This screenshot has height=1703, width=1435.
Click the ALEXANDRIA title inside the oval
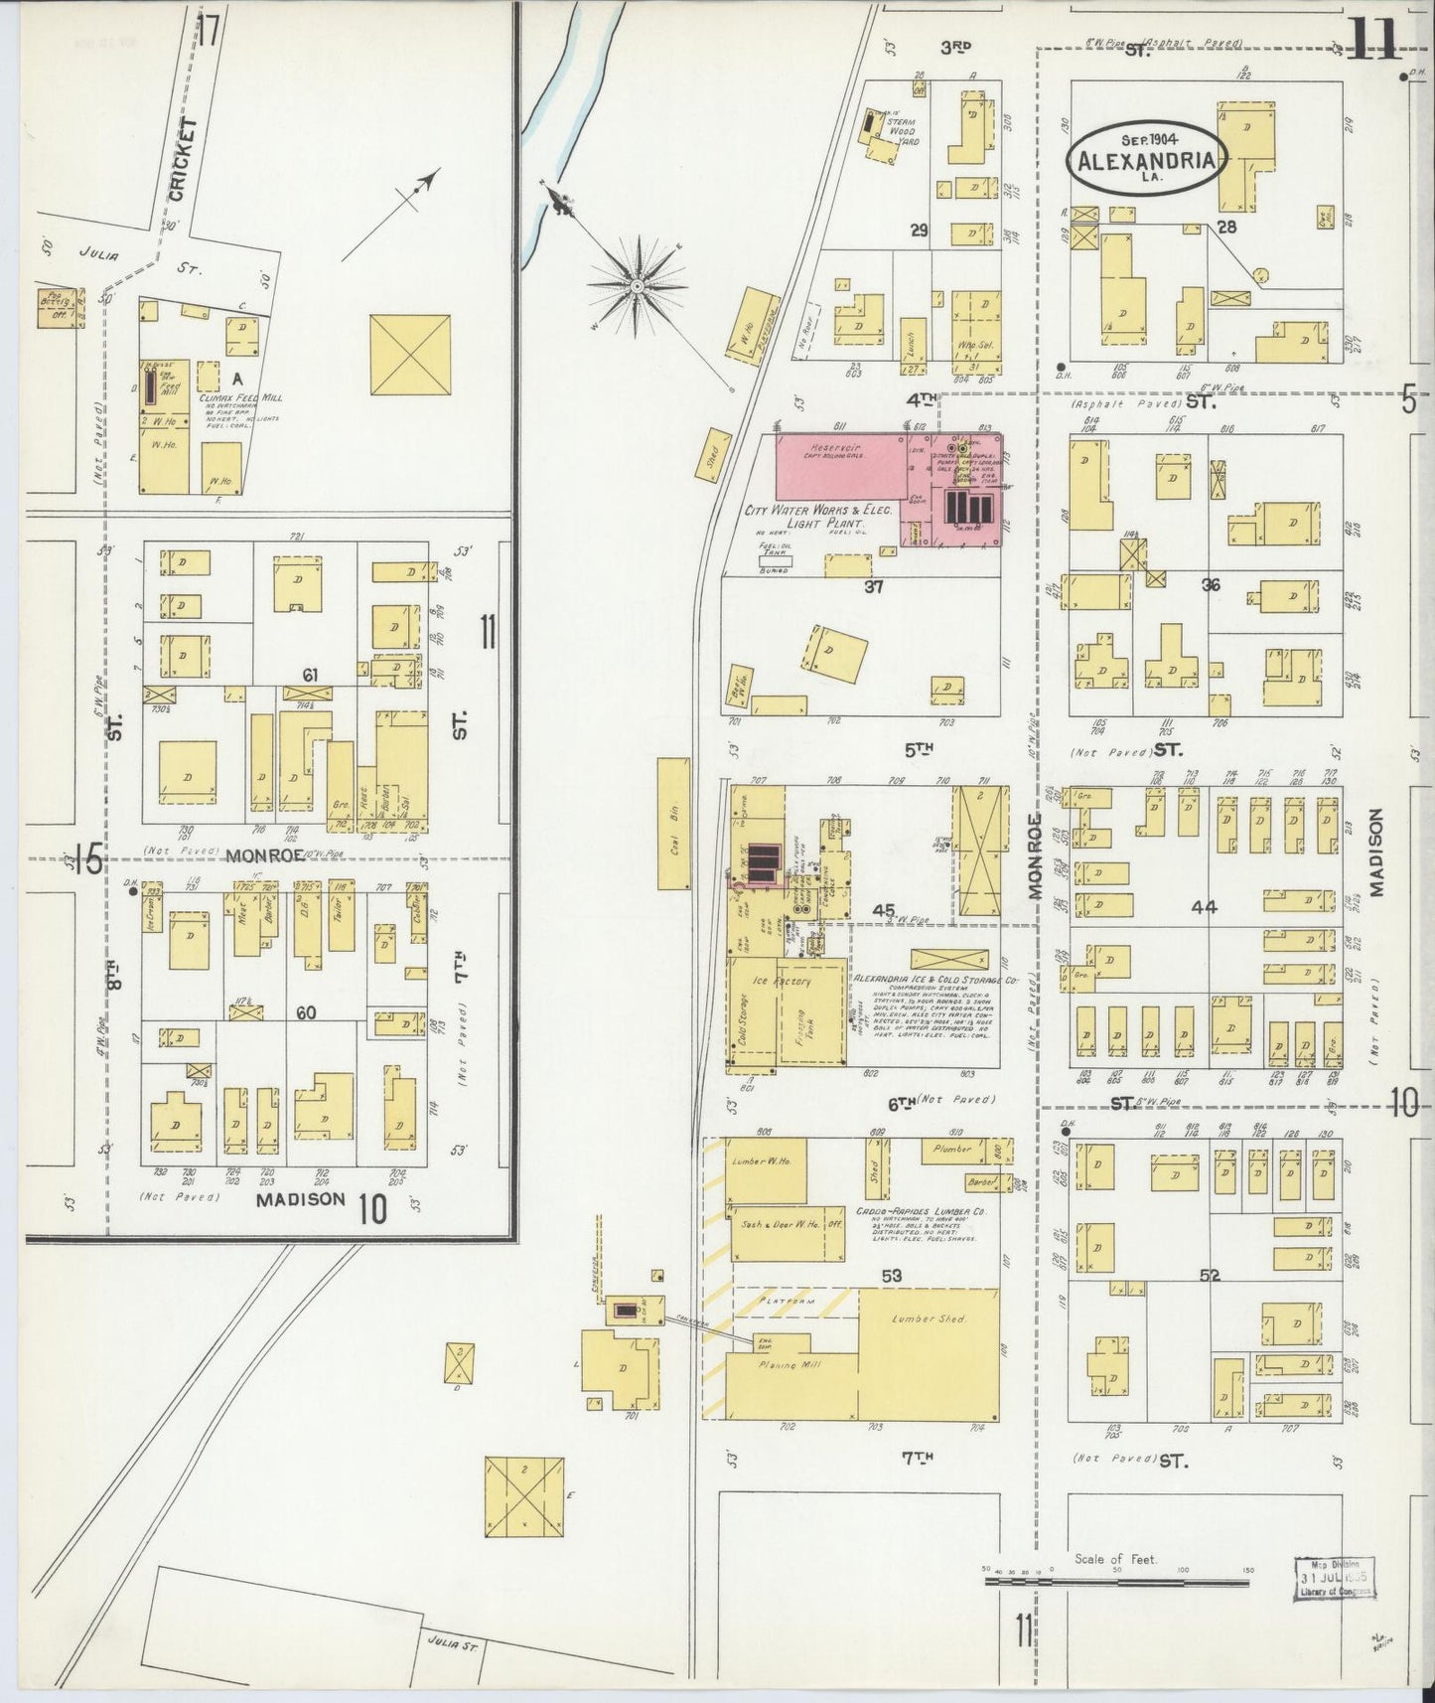[1147, 162]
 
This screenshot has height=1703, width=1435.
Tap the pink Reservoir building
[839, 465]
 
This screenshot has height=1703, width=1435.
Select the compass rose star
[636, 287]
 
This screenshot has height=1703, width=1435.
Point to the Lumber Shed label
[928, 1318]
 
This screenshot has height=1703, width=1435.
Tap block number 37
[872, 587]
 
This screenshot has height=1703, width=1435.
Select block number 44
[1204, 907]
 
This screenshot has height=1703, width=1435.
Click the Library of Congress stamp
[1335, 1579]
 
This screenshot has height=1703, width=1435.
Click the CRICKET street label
[178, 159]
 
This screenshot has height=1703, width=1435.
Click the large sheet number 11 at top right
[1374, 40]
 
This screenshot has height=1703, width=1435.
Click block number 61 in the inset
[311, 676]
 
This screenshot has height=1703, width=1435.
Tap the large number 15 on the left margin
[87, 860]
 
